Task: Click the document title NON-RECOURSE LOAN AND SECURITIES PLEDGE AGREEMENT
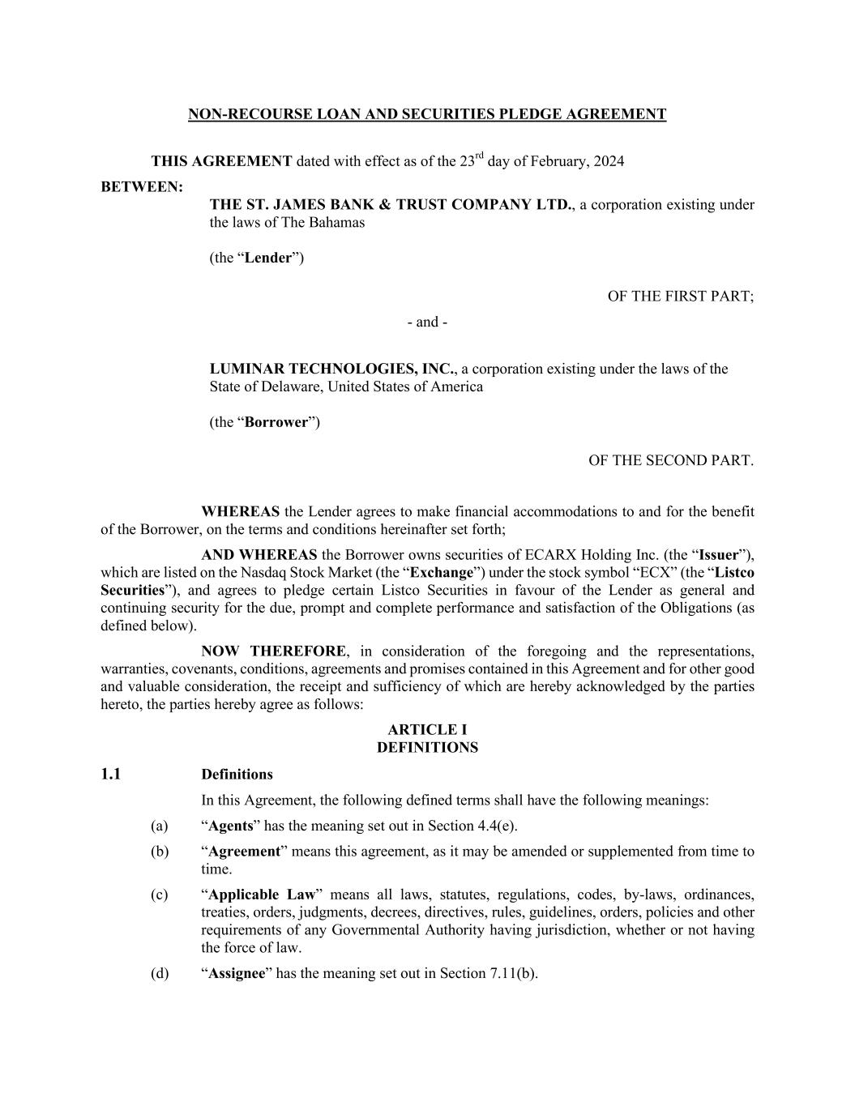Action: click(427, 114)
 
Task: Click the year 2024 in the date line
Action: click(609, 161)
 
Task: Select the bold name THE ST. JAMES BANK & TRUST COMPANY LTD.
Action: click(391, 205)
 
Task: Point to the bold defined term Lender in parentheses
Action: click(267, 258)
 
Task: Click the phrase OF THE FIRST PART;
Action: click(680, 297)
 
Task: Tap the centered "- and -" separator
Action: click(427, 322)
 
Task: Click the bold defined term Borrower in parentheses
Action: click(276, 423)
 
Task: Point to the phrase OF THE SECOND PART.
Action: click(670, 461)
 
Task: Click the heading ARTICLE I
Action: click(427, 730)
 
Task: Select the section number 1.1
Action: click(111, 775)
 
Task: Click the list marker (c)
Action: click(159, 895)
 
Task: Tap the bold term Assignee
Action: click(237, 973)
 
